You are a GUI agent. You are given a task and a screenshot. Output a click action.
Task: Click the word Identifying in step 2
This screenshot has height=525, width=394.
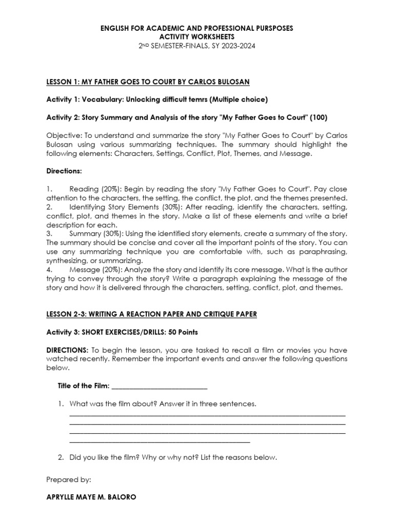[x=88, y=207]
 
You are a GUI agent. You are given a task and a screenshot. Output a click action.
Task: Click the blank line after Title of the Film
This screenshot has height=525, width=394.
[x=159, y=386]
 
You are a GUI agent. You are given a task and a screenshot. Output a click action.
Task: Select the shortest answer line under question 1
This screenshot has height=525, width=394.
[x=159, y=441]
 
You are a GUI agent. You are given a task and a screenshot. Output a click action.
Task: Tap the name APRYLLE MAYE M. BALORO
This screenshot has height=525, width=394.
[x=91, y=497]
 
